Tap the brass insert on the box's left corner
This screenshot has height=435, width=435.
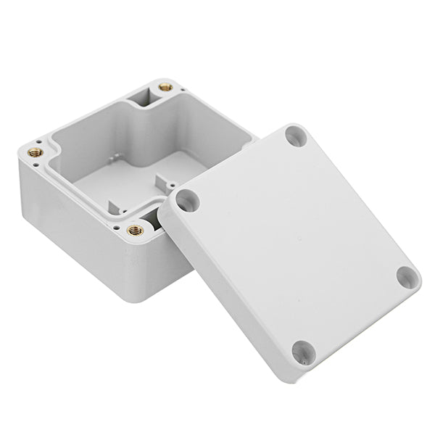34,152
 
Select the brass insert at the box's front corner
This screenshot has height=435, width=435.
136,231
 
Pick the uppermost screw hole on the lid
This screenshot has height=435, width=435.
294,136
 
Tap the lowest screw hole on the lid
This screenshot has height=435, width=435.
304,353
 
